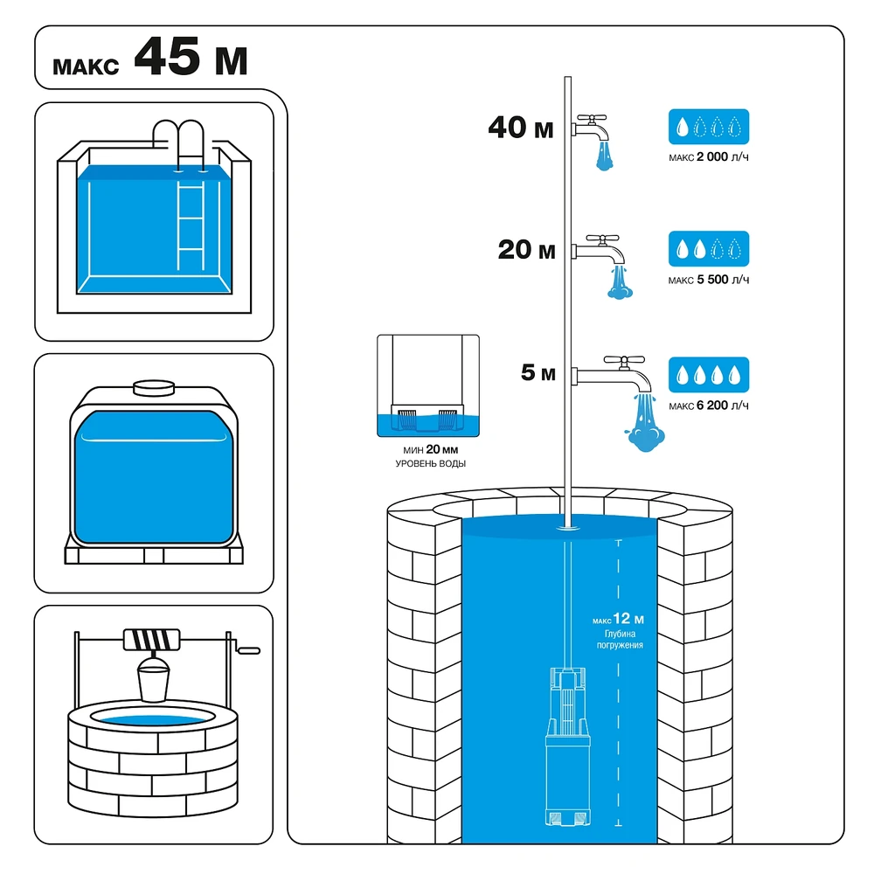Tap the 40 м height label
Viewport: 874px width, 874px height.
point(521,128)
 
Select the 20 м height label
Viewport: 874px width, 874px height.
point(526,250)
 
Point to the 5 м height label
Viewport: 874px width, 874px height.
point(538,372)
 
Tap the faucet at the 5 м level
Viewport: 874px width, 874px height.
point(612,373)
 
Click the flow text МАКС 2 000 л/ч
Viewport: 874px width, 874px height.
point(709,157)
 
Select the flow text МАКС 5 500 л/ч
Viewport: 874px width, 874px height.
point(709,280)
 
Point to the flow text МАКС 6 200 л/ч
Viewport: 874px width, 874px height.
point(709,406)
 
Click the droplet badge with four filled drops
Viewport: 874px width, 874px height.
point(709,375)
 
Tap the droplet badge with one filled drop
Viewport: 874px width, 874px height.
point(709,127)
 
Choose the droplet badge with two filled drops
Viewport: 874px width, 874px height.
point(709,248)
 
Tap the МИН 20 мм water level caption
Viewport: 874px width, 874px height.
point(430,456)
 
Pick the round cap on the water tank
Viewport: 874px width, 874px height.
point(154,387)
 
